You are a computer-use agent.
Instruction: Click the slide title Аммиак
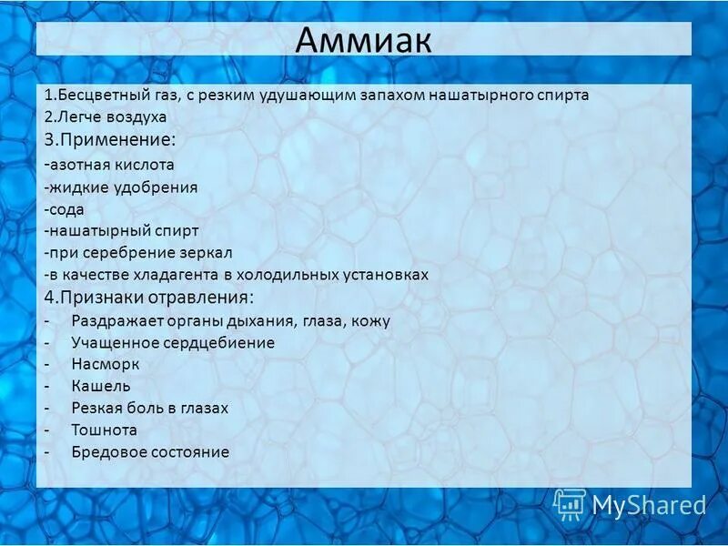[363, 40]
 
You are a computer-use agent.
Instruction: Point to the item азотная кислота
[110, 165]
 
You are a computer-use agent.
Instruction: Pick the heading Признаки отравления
[150, 298]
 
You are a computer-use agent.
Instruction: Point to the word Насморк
[105, 364]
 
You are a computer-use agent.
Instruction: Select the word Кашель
[100, 386]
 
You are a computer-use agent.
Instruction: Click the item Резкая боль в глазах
[149, 408]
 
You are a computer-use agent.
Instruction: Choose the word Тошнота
[104, 430]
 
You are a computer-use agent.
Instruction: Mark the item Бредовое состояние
[150, 451]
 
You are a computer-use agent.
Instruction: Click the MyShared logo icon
[570, 503]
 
